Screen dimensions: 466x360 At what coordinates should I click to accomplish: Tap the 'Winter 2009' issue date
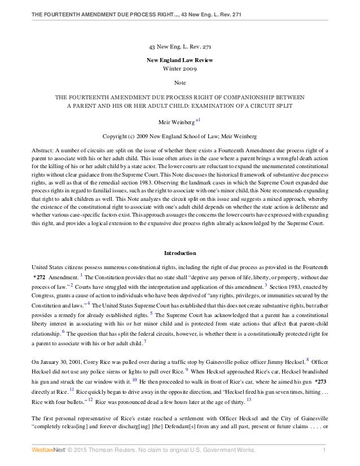click(180, 69)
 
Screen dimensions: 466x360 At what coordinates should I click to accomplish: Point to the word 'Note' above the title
click(180, 83)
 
